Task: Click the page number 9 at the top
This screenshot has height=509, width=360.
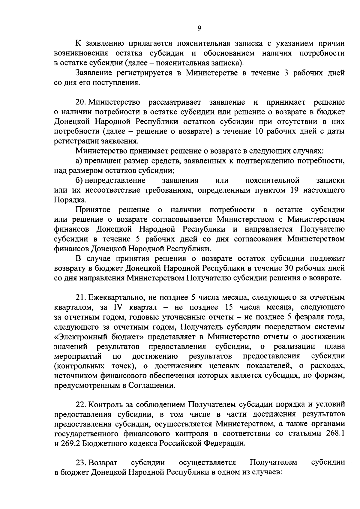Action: [x=199, y=28]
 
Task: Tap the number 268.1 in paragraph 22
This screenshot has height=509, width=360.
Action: [x=335, y=433]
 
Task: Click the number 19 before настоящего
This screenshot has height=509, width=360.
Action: [x=295, y=190]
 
